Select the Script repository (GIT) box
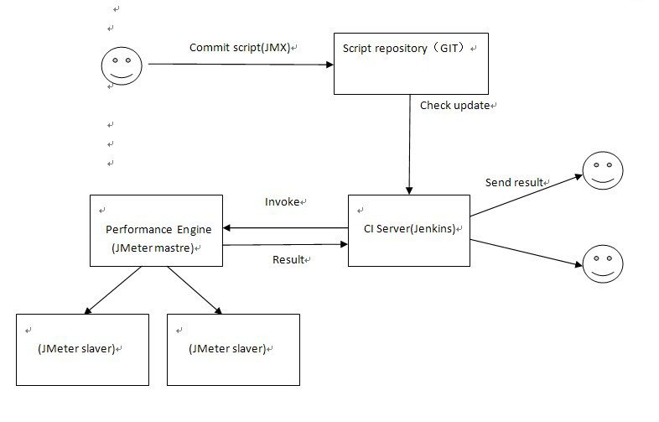(411, 63)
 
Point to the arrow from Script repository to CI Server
(409, 143)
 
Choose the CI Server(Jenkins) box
(408, 230)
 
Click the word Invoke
(283, 202)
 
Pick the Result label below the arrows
(289, 260)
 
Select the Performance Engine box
(156, 230)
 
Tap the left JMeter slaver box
(82, 349)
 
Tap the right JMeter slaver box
(233, 349)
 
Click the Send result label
(515, 182)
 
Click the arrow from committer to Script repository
(239, 64)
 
